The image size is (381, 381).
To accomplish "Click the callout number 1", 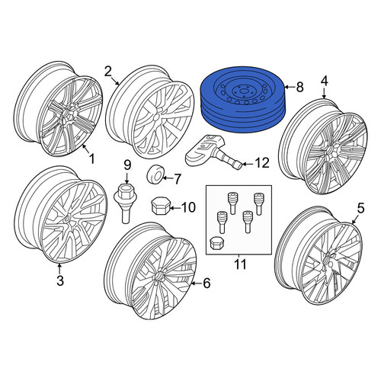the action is pos(91,159).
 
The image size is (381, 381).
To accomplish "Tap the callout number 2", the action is pos(108,72).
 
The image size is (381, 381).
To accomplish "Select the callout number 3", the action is pos(60,280).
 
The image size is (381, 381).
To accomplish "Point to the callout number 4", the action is pos(325,82).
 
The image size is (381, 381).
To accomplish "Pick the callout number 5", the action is pos(360,208).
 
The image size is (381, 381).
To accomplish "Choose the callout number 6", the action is pos(207,283).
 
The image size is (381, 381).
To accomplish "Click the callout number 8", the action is pos(299,87).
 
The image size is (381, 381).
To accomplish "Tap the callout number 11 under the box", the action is pos(240,264).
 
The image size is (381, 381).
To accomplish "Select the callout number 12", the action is pos(262,163).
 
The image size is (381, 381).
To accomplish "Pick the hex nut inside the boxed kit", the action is pos(216,243).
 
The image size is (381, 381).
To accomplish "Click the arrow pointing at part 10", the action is pos(175,208).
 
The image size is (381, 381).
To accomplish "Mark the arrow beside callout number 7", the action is pos(168,177).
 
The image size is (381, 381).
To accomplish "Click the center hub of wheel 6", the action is pos(159,277).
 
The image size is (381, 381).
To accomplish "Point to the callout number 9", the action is pos(127,165).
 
